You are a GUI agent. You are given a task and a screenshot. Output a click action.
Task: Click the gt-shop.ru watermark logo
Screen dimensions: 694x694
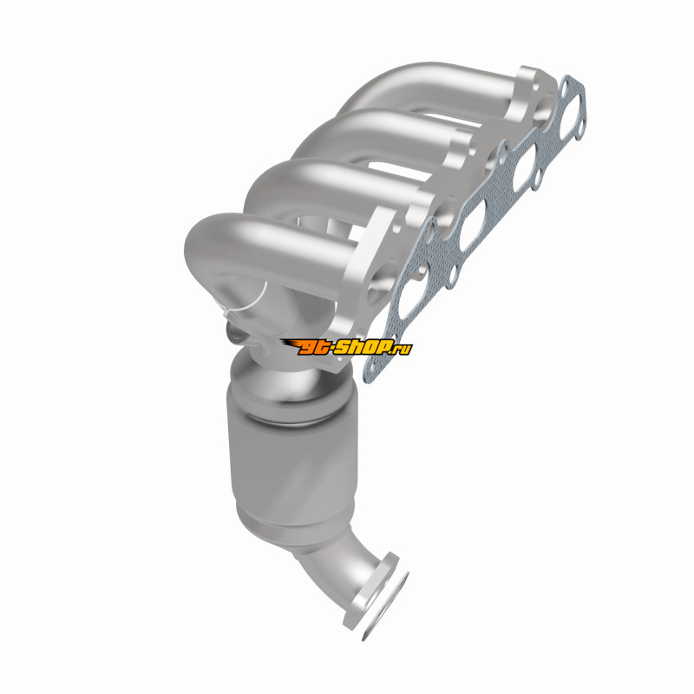346,346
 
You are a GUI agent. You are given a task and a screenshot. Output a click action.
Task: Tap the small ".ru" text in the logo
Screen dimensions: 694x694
403,349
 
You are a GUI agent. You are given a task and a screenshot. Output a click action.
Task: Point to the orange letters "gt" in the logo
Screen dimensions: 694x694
314,347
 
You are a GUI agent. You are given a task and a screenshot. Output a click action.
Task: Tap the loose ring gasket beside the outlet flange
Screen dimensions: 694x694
384,606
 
